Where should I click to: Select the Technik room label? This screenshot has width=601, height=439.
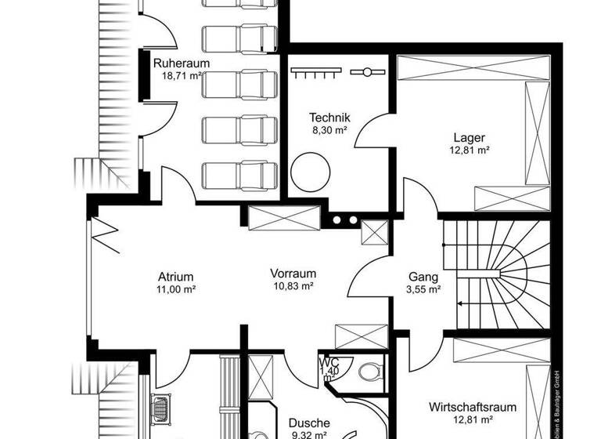[329, 118]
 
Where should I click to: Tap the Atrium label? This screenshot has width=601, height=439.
[175, 276]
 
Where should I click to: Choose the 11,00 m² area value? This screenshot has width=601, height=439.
[176, 288]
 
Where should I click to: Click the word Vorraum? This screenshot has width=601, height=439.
[293, 274]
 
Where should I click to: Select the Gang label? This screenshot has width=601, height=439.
[423, 276]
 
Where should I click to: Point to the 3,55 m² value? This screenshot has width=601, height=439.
[423, 288]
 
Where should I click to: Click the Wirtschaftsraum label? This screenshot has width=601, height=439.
[473, 408]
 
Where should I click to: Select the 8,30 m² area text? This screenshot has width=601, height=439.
[329, 131]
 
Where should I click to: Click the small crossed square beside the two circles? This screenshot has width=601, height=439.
[374, 232]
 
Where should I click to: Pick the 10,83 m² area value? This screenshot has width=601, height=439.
[293, 287]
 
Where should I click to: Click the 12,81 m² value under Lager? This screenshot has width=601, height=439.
[470, 151]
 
